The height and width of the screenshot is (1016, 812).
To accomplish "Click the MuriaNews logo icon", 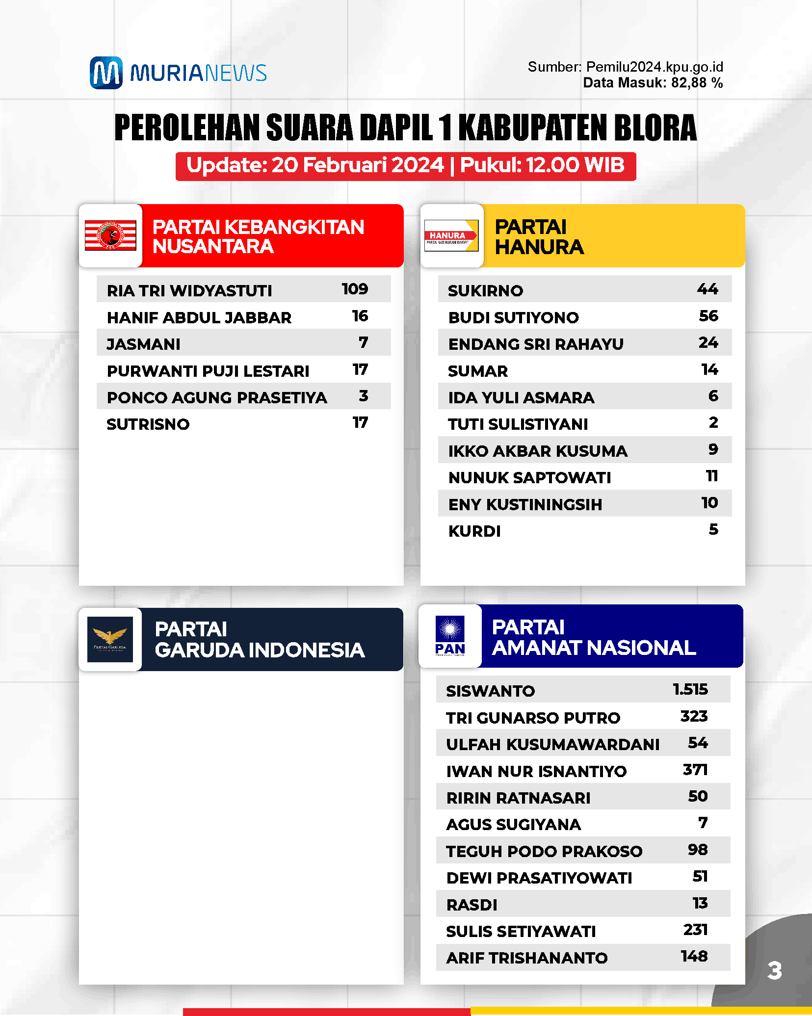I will click(x=106, y=73).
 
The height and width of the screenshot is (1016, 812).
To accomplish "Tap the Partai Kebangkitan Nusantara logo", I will click(x=110, y=235).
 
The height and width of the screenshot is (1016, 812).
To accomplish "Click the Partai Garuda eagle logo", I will click(x=110, y=639).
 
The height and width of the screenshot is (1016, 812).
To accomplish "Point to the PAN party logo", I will click(x=450, y=636).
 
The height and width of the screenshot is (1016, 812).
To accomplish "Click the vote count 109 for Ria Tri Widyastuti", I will click(x=355, y=289).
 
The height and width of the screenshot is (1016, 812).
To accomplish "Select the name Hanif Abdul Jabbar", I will click(x=199, y=318).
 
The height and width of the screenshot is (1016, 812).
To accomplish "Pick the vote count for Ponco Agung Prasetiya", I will click(x=363, y=396).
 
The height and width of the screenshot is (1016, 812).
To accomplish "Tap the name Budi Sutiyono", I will click(x=513, y=318).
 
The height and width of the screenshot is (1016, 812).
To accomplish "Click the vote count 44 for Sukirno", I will click(x=707, y=289).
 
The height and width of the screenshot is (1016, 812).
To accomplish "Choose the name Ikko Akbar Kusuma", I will click(x=538, y=451).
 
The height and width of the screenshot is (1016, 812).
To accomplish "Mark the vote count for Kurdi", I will click(x=713, y=529).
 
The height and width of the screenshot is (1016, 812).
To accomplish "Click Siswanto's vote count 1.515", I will click(x=690, y=689).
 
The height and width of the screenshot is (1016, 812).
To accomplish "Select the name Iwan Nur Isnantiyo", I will click(x=536, y=772).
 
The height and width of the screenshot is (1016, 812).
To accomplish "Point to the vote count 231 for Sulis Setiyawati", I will click(x=695, y=930).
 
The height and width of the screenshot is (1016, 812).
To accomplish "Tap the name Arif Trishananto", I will click(x=527, y=958).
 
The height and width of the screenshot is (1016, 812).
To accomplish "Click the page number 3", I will click(x=774, y=970).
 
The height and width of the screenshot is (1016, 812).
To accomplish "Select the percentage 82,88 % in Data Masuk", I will click(x=697, y=83).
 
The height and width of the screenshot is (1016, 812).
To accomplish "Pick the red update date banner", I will click(x=406, y=166).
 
